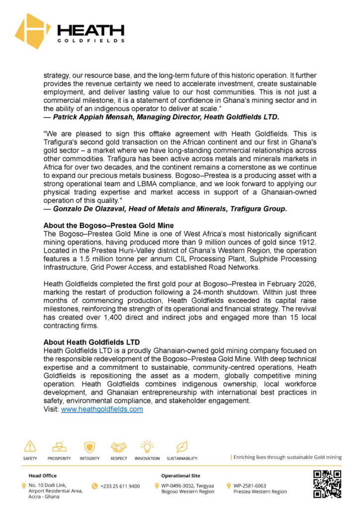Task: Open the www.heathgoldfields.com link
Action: (x=102, y=409)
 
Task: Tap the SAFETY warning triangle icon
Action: (x=30, y=446)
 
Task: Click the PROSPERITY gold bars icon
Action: (x=59, y=446)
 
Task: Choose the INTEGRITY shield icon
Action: (x=90, y=446)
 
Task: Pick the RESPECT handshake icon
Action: (x=118, y=446)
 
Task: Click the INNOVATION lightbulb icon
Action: (x=147, y=446)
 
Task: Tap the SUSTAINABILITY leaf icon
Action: (x=182, y=446)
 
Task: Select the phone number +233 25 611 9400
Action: (x=120, y=486)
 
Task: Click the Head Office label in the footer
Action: (x=43, y=475)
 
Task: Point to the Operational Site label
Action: (x=181, y=475)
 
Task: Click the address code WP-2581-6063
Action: (x=250, y=485)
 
